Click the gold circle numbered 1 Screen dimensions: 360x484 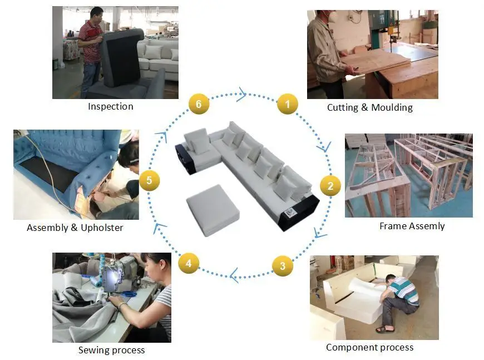coord(288,103)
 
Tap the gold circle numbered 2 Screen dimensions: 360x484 coord(330,186)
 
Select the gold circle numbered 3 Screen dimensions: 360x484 coord(283,265)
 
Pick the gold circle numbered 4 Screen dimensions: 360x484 coord(189,263)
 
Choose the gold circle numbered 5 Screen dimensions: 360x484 coord(149,180)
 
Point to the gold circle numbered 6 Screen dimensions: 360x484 coord(199,103)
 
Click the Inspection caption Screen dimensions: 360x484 coord(111,106)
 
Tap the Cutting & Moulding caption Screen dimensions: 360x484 coord(370,107)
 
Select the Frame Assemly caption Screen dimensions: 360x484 coord(412,226)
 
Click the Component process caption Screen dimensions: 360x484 coord(369,347)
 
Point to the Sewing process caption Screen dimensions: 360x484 coord(111,350)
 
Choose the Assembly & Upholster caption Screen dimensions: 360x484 coord(75,228)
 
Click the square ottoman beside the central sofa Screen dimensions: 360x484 coord(213,210)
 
